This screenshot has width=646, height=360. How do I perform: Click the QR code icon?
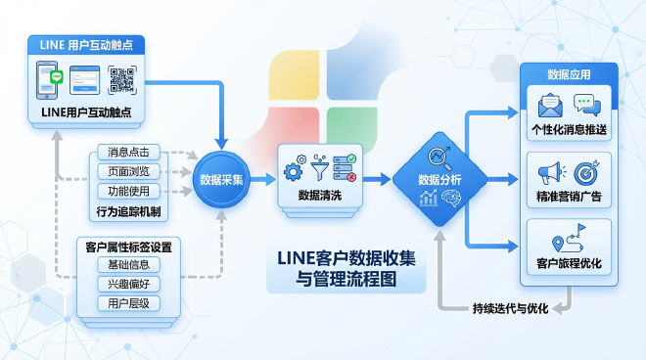tap(121, 80)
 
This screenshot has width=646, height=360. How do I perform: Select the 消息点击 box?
tap(128, 154)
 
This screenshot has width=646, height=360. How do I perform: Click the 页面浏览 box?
tap(128, 171)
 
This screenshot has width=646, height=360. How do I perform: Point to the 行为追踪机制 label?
tap(128, 209)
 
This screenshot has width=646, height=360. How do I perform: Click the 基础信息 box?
tap(128, 265)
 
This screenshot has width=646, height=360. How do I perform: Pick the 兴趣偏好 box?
tap(128, 284)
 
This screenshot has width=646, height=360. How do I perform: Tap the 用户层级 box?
tap(128, 303)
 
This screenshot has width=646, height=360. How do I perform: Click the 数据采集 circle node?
tap(223, 180)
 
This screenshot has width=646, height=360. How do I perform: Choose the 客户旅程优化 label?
tap(569, 264)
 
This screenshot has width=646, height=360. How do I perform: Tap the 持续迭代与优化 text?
tap(510, 308)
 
